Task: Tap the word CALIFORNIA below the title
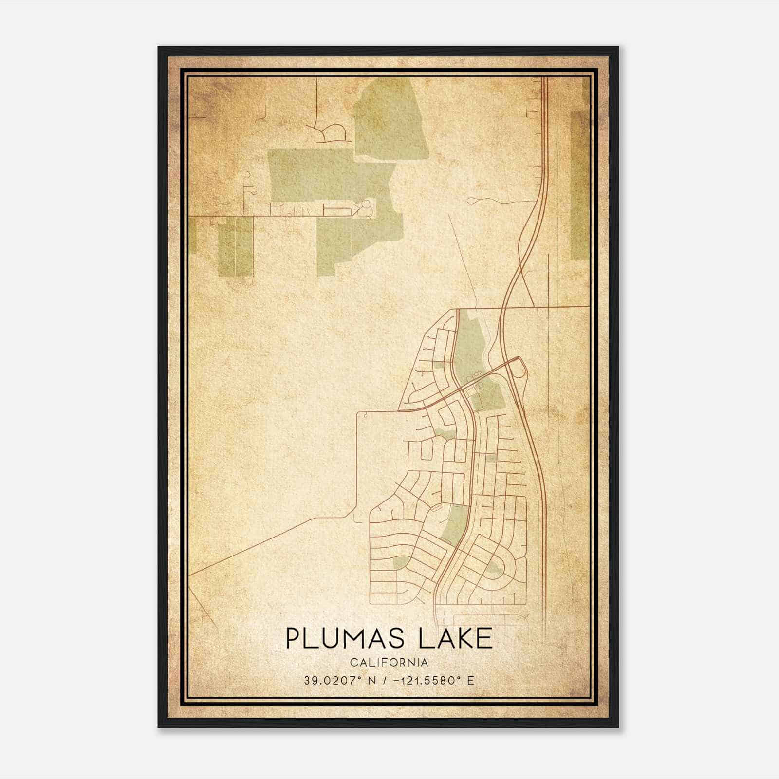(x=389, y=662)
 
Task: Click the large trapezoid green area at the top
(x=389, y=119)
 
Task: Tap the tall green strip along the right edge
(x=579, y=185)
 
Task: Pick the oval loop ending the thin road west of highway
(x=474, y=200)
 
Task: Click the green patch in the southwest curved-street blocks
(x=400, y=563)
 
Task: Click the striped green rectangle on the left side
(x=235, y=246)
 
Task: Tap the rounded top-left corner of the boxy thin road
(x=360, y=414)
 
